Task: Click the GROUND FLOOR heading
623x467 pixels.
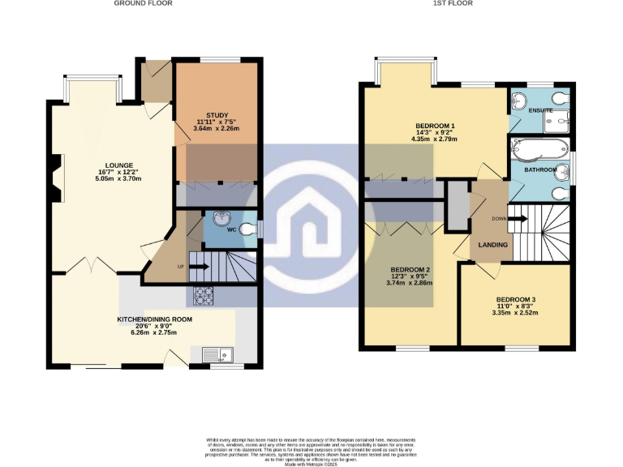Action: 143,3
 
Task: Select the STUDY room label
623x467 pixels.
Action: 217,115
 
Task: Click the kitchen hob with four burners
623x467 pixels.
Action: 203,297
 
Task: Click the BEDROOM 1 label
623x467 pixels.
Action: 435,126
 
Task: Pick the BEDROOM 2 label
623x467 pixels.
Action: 410,270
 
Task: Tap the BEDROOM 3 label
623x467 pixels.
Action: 516,300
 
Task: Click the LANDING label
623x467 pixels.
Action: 492,244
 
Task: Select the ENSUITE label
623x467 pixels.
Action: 540,109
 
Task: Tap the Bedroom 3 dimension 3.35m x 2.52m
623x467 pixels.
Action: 516,314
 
